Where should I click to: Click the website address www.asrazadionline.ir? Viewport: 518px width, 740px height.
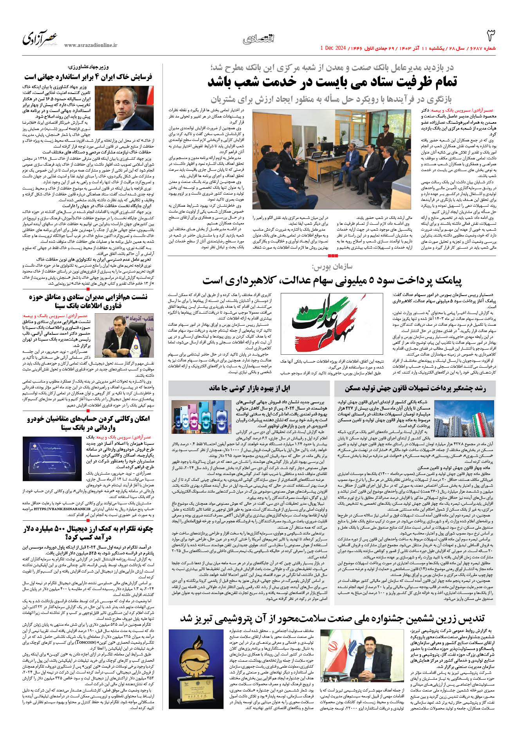[90, 45]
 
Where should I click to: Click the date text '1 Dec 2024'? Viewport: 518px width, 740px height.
[333, 48]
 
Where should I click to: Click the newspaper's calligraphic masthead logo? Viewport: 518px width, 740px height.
[40, 38]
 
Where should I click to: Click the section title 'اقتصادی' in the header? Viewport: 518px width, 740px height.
[258, 38]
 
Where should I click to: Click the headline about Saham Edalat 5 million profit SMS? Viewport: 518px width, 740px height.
[332, 280]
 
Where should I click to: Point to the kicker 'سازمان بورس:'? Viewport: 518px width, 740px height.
[332, 267]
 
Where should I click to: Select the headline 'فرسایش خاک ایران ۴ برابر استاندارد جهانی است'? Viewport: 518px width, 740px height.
[88, 77]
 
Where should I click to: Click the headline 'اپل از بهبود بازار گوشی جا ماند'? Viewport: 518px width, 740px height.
[249, 388]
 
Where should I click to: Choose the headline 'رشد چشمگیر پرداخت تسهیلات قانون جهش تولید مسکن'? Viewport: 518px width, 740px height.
[415, 388]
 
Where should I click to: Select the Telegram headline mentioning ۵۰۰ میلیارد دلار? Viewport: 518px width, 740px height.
[88, 533]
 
